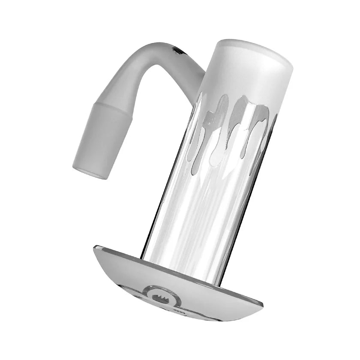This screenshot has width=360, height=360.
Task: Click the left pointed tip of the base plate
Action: pos(95,248)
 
